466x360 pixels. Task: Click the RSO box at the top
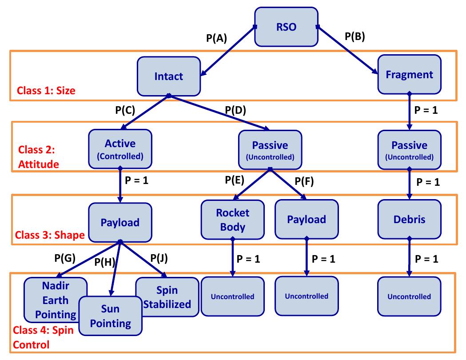pos(286,27)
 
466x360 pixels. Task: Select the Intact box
pos(168,76)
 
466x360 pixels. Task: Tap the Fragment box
pos(409,74)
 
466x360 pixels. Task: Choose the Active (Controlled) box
pos(120,149)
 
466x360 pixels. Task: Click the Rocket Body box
pos(233,220)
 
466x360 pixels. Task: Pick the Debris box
pos(409,219)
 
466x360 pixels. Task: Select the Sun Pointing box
pos(110,316)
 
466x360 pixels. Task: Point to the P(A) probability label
pos(216,39)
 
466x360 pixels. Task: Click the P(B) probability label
pos(354,37)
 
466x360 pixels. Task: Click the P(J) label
pos(159,257)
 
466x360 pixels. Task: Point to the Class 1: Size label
pos(46,91)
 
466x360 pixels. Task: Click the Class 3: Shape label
pos(49,235)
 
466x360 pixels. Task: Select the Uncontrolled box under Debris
pos(409,296)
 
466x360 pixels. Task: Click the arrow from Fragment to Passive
pos(409,111)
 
